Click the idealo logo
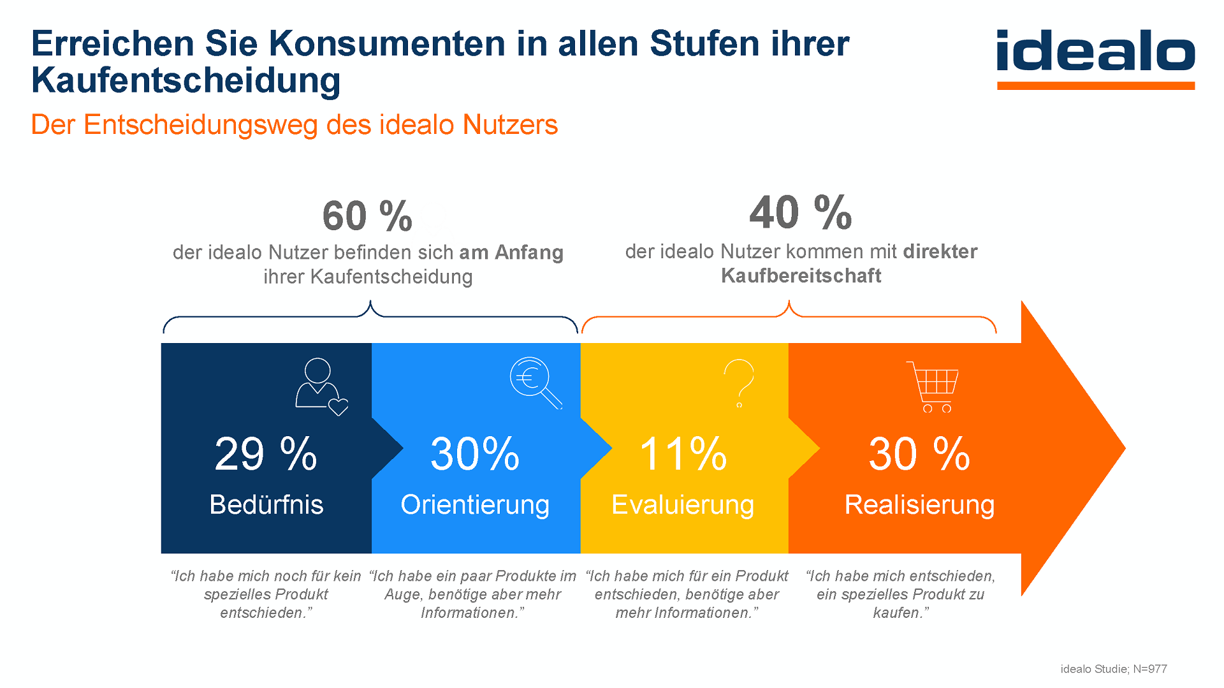pyautogui.click(x=1095, y=57)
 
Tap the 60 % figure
pyautogui.click(x=367, y=216)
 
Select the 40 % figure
pyautogui.click(x=801, y=213)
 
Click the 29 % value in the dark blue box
pyautogui.click(x=266, y=454)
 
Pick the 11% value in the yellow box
pyautogui.click(x=683, y=454)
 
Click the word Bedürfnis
pyautogui.click(x=266, y=504)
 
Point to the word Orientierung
pyautogui.click(x=475, y=504)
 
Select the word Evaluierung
pyautogui.click(x=683, y=504)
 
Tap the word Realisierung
pyautogui.click(x=919, y=504)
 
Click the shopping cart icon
pyautogui.click(x=934, y=386)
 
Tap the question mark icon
pyautogui.click(x=739, y=383)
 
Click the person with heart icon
pyautogui.click(x=321, y=386)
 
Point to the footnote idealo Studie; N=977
pyautogui.click(x=1113, y=669)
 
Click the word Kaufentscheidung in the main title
pyautogui.click(x=186, y=81)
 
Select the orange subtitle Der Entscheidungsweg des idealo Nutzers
pyautogui.click(x=294, y=125)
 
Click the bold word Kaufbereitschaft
pyautogui.click(x=801, y=276)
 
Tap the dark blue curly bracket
pyautogui.click(x=370, y=317)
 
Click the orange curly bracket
pyautogui.click(x=789, y=316)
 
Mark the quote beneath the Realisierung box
pyautogui.click(x=900, y=594)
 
